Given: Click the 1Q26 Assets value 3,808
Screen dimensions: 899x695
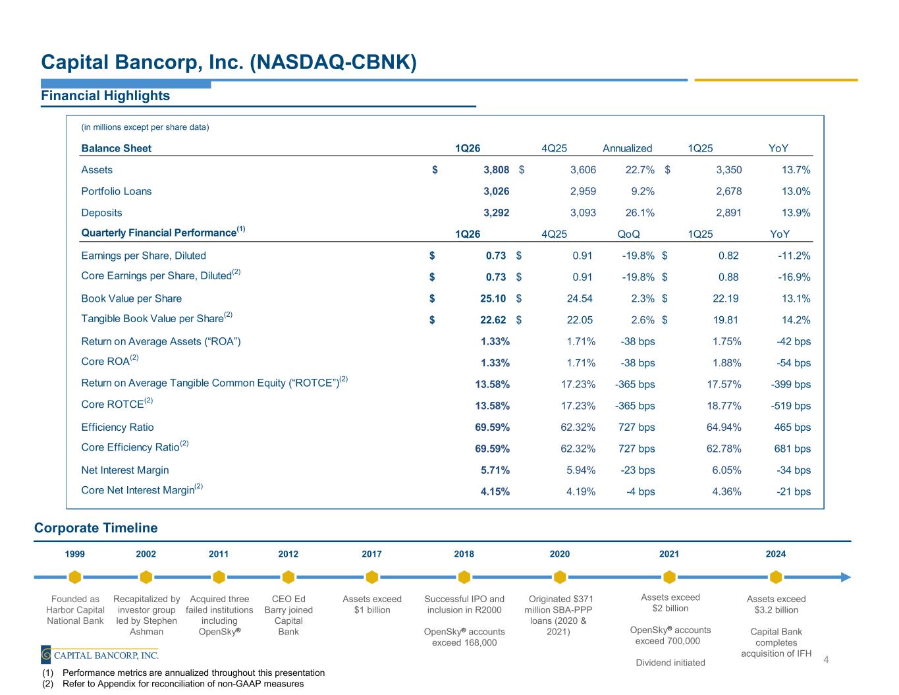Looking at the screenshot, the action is tap(496, 170).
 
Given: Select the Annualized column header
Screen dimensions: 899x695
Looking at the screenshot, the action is tap(627, 148).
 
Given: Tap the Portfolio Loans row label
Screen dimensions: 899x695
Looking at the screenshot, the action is tap(117, 192).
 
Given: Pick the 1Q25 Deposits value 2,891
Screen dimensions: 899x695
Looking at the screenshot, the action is tap(728, 213).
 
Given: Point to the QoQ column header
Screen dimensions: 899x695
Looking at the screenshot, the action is tap(628, 235).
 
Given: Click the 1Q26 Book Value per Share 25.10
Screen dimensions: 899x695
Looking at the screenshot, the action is tap(493, 298).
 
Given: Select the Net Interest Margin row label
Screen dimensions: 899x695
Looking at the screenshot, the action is tap(125, 470).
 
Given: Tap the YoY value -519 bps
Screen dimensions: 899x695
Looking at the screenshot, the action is tap(790, 406).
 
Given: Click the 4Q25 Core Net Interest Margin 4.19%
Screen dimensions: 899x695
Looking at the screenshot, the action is tap(581, 492).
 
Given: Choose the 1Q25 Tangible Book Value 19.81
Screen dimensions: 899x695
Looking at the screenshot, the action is tap(726, 320).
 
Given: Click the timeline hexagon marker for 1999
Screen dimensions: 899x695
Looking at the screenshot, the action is tap(75, 577).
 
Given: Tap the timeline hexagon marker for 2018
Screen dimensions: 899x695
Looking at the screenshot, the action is tap(464, 577).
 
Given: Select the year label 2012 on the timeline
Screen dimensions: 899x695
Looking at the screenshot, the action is tap(288, 554).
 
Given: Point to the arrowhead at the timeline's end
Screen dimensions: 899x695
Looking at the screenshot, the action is tap(846, 577).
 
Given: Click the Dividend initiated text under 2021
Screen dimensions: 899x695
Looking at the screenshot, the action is tap(670, 663).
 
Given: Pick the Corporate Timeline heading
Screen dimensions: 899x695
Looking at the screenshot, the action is tap(96, 528).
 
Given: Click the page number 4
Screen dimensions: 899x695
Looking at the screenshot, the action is tap(826, 660).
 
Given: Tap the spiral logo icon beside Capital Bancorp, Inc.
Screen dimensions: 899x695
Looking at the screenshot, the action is tap(46, 655).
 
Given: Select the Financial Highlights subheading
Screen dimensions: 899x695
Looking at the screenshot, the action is tap(105, 96).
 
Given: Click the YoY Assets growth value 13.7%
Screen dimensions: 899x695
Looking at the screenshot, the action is tap(796, 170).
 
